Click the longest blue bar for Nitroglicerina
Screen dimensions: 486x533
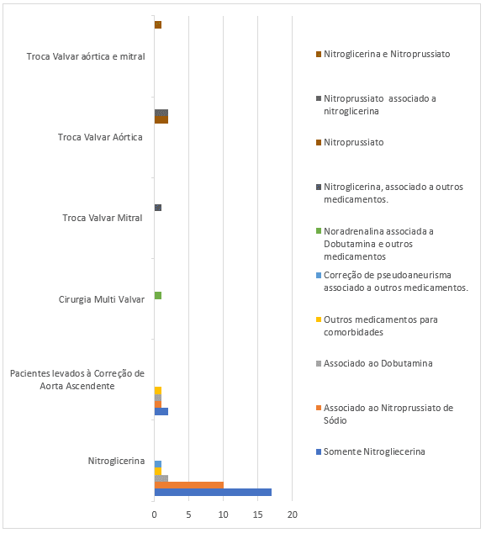213,492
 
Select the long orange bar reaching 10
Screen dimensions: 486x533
189,485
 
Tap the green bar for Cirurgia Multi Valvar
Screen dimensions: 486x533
158,295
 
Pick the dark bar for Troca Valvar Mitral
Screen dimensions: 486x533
158,208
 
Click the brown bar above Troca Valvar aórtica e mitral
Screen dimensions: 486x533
158,25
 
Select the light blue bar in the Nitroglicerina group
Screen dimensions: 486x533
158,464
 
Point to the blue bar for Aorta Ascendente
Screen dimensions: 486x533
161,411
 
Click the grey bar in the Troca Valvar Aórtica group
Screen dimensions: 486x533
161,113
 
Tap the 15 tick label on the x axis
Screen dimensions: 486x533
257,515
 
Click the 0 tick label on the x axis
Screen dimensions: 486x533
155,515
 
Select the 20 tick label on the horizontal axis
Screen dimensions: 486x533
293,515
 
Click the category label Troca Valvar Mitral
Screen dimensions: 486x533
103,218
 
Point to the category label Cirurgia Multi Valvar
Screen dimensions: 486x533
102,299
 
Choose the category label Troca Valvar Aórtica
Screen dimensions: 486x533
100,137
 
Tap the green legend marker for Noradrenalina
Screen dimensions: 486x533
319,231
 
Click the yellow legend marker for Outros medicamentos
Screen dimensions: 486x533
319,319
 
